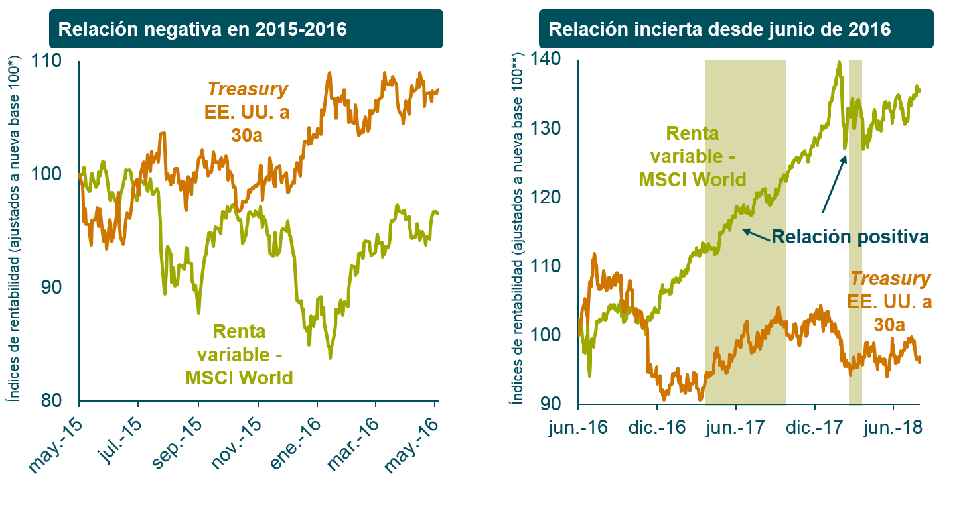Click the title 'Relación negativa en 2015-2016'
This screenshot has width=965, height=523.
pyautogui.click(x=202, y=30)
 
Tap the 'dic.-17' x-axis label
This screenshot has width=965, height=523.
pyautogui.click(x=814, y=428)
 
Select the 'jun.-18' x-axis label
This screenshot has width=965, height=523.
pyautogui.click(x=893, y=428)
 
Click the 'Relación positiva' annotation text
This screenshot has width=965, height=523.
pyautogui.click(x=850, y=237)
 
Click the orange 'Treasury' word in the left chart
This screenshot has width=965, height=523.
pyautogui.click(x=248, y=89)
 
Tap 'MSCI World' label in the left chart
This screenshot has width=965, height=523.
pyautogui.click(x=239, y=378)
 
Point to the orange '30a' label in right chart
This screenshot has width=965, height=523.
pyautogui.click(x=889, y=324)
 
